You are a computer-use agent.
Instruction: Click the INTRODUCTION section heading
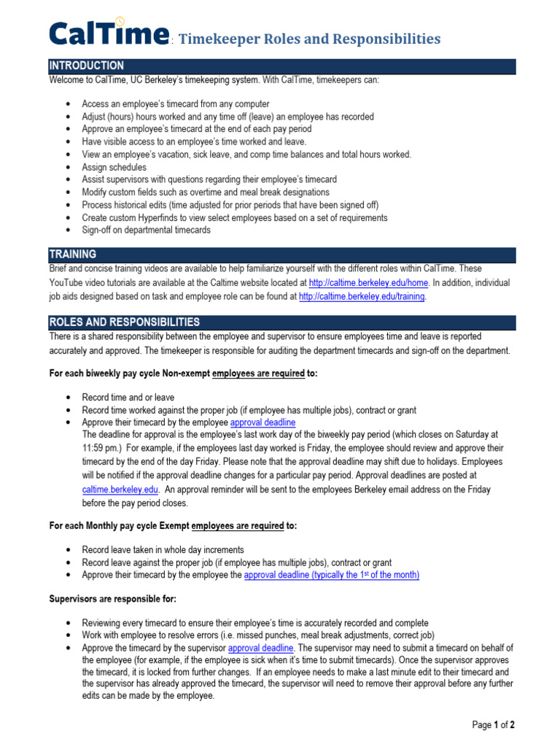[86, 66]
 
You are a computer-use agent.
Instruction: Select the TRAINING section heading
[72, 255]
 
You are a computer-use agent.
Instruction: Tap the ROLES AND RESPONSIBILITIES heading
[124, 322]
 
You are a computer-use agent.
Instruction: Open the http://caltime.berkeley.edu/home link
[369, 282]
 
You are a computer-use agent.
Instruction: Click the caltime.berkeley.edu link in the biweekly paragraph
[120, 490]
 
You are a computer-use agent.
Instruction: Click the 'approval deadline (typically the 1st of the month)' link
[331, 575]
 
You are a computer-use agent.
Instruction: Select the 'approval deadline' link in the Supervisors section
[260, 648]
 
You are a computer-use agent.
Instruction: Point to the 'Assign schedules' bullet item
[114, 167]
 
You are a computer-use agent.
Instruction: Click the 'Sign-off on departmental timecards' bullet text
[146, 230]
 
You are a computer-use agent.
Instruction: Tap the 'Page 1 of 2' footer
[494, 725]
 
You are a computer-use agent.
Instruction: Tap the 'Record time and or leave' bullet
[128, 398]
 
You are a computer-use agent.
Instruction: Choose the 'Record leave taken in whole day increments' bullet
[163, 550]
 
